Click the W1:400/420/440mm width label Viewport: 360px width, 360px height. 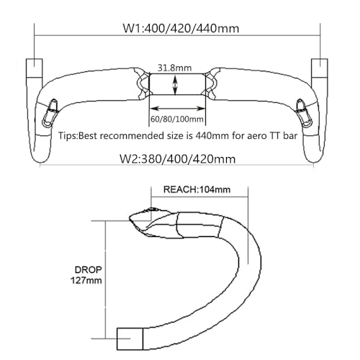(181, 28)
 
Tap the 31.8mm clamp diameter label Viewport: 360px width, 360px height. (174, 68)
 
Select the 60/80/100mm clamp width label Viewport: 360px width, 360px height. (177, 119)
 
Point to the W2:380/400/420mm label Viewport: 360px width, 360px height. (177, 159)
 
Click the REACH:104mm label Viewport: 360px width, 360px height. (197, 189)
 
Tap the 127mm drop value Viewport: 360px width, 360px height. (86, 280)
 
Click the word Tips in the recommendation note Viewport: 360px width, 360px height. (68, 136)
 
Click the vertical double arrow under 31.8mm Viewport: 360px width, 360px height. (175, 85)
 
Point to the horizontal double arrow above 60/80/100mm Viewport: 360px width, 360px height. (177, 109)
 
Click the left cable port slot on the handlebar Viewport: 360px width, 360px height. (50, 113)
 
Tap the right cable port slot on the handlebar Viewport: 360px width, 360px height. (305, 113)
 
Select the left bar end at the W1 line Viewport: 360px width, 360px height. (35, 68)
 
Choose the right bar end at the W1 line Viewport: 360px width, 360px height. (320, 68)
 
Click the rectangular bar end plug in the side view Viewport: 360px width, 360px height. (130, 338)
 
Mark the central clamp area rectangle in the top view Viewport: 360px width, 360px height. (177, 84)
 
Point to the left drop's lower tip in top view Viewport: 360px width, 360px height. (40, 162)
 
